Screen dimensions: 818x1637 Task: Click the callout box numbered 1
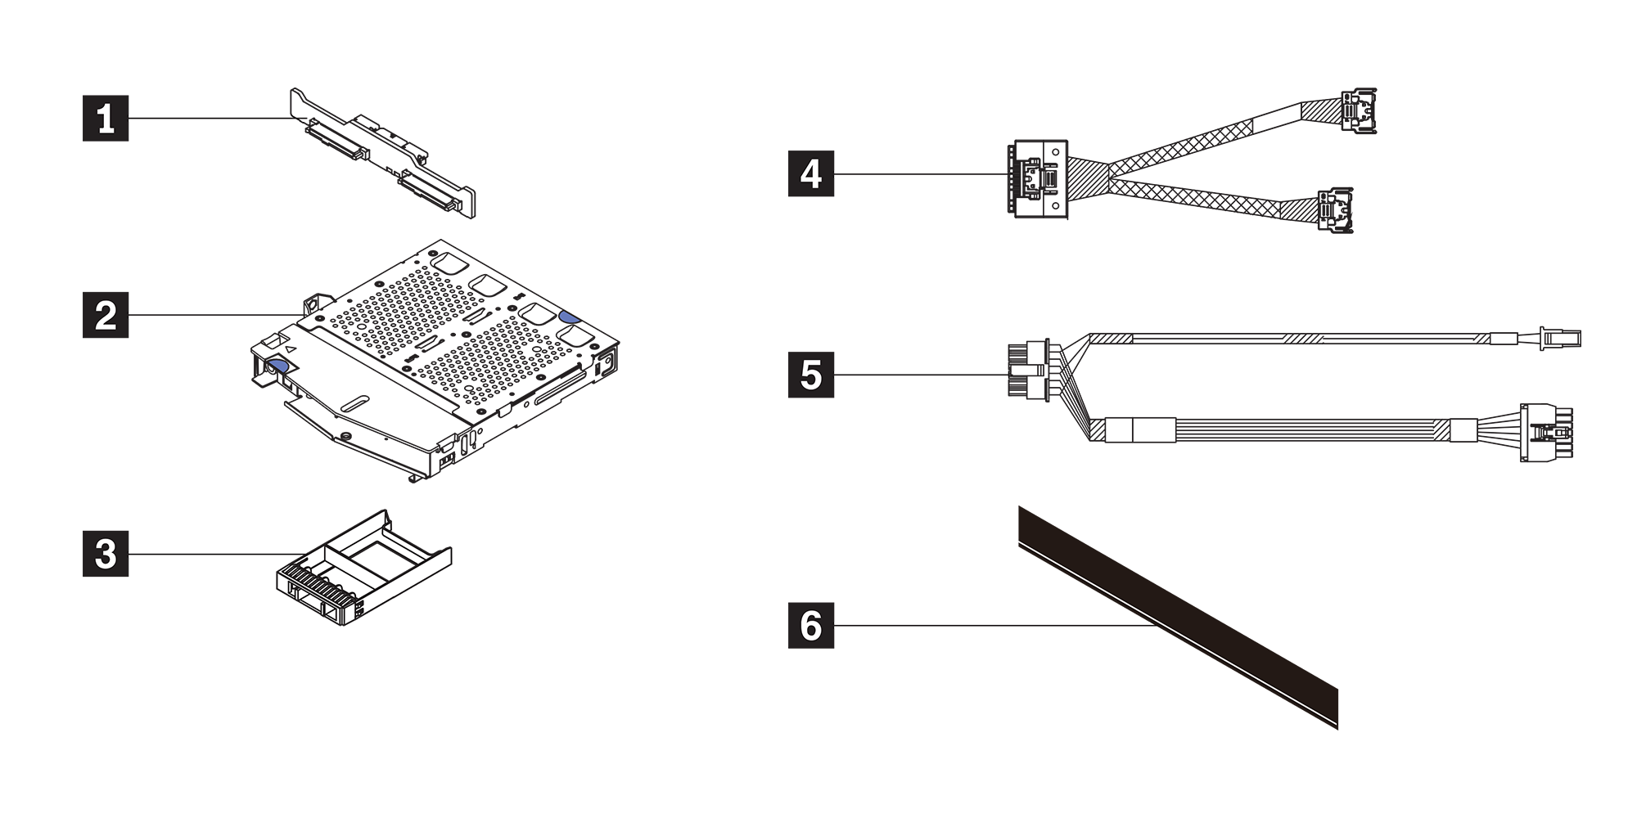[106, 119]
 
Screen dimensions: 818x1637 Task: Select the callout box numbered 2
[106, 315]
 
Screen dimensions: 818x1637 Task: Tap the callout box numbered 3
[106, 554]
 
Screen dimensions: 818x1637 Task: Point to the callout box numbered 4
[810, 173]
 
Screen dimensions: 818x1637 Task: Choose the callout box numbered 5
[810, 375]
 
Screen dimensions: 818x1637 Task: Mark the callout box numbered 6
[810, 626]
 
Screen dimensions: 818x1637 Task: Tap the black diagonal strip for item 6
[1179, 618]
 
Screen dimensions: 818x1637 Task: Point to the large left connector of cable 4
[1036, 179]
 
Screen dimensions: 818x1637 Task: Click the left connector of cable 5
[1028, 371]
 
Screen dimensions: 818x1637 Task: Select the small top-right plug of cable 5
[1559, 337]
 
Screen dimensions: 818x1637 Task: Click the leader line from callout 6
[982, 626]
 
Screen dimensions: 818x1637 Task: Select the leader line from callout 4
[917, 173]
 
